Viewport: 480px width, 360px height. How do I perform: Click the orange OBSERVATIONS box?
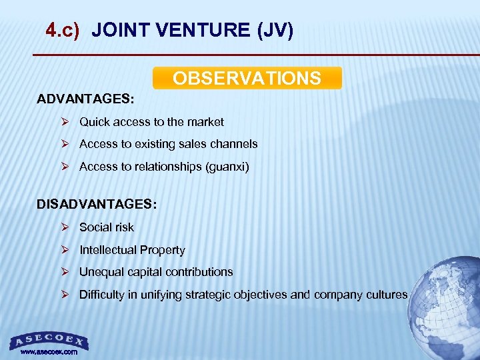(x=247, y=78)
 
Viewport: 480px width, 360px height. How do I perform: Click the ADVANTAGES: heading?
(x=85, y=99)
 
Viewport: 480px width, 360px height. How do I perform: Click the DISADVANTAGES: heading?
(x=97, y=204)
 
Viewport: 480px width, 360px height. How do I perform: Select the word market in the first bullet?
(x=206, y=122)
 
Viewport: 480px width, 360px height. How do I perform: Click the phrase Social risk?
(x=106, y=227)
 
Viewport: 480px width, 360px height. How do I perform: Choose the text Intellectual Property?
(x=132, y=250)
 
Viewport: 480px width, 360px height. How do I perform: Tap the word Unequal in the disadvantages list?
(x=99, y=272)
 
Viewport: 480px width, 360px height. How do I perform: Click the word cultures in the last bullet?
(x=387, y=295)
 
